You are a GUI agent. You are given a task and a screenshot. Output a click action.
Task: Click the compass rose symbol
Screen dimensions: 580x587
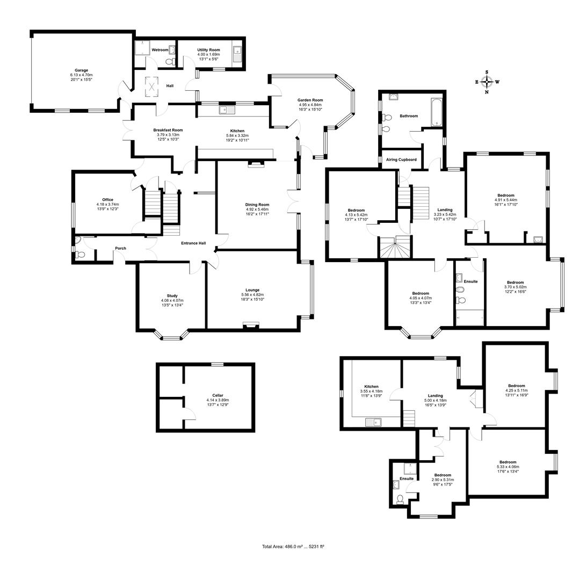[487, 82]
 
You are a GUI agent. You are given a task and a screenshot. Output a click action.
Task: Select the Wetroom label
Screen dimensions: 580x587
[160, 50]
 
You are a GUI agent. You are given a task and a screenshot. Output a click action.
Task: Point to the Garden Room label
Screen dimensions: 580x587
[310, 100]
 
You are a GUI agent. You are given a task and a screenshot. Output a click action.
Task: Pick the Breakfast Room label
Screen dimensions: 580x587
[168, 130]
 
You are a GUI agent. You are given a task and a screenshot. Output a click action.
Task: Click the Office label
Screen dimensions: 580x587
[107, 200]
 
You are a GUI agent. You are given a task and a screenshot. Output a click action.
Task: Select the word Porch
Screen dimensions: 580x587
[121, 248]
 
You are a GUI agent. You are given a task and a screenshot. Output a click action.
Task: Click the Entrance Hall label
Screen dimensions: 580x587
[193, 243]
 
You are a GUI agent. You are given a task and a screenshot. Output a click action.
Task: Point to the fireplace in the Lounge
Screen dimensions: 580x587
[251, 324]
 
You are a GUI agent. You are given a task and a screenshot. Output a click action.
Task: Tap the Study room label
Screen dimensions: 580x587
[172, 295]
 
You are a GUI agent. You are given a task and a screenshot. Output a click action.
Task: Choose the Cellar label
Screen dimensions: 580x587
[218, 395]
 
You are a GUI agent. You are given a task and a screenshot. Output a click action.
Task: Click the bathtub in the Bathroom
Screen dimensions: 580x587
[436, 112]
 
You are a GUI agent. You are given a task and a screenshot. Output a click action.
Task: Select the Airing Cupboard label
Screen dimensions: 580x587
[401, 160]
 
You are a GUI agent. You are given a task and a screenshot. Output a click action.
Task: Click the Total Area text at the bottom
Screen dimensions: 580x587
[293, 546]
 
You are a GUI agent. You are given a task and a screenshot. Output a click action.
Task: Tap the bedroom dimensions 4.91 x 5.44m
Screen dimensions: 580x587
[505, 200]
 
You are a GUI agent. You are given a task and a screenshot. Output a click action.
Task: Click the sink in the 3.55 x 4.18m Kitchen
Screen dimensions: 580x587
[372, 422]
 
